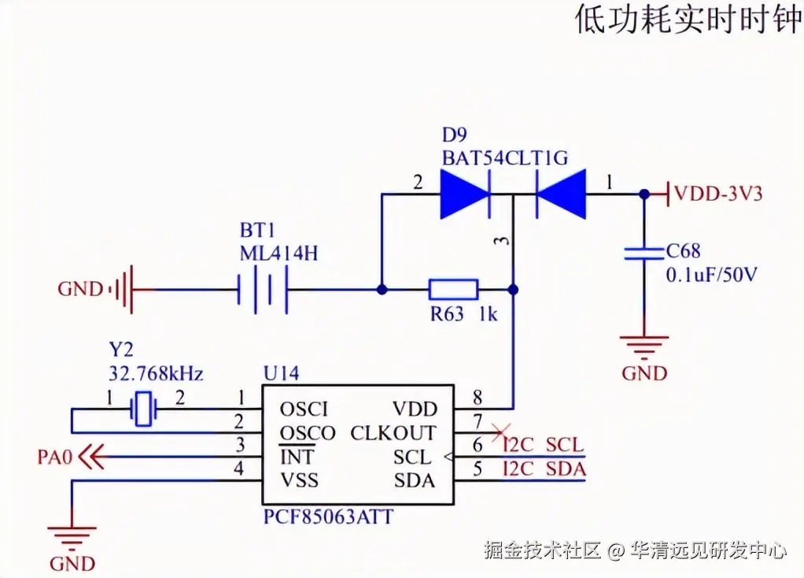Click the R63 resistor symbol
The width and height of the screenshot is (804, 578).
[x=453, y=290]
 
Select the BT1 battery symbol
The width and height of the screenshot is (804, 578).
[x=263, y=290]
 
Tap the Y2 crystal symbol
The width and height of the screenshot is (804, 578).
[x=143, y=409]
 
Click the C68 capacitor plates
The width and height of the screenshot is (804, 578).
[x=644, y=253]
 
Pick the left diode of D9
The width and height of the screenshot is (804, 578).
[x=466, y=195]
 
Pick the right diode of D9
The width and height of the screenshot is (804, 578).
[x=560, y=195]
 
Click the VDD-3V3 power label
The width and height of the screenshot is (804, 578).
[x=718, y=194]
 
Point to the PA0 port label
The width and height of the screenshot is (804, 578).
[x=54, y=457]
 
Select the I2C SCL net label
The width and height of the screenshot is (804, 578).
[x=544, y=445]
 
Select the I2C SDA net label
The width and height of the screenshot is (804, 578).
[x=544, y=469]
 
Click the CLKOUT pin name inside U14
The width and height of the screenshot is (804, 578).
[x=393, y=433]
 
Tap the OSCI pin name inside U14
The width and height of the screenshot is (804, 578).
[x=304, y=409]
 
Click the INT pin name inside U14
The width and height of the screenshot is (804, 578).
[x=297, y=457]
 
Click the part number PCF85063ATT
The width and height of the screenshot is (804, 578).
[x=329, y=517]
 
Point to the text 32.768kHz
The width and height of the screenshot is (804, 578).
[x=156, y=373]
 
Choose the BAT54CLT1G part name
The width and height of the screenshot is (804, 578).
[x=505, y=157]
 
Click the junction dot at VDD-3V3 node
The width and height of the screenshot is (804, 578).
[x=644, y=195]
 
